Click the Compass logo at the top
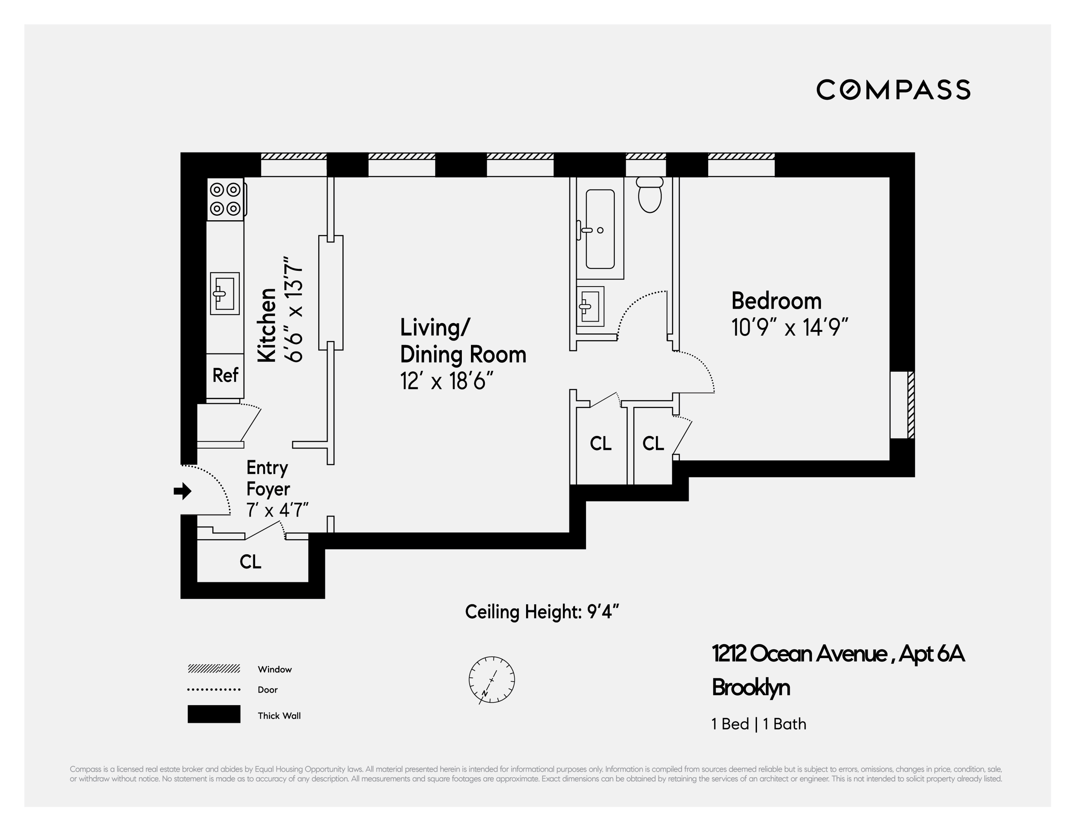tap(893, 90)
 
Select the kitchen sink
tap(225, 293)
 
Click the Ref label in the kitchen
tap(225, 375)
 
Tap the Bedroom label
tap(776, 301)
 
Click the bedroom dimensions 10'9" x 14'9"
tap(790, 327)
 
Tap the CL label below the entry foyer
tap(250, 562)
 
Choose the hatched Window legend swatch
tap(214, 669)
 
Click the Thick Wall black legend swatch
tap(214, 714)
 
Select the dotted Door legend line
tap(214, 689)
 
